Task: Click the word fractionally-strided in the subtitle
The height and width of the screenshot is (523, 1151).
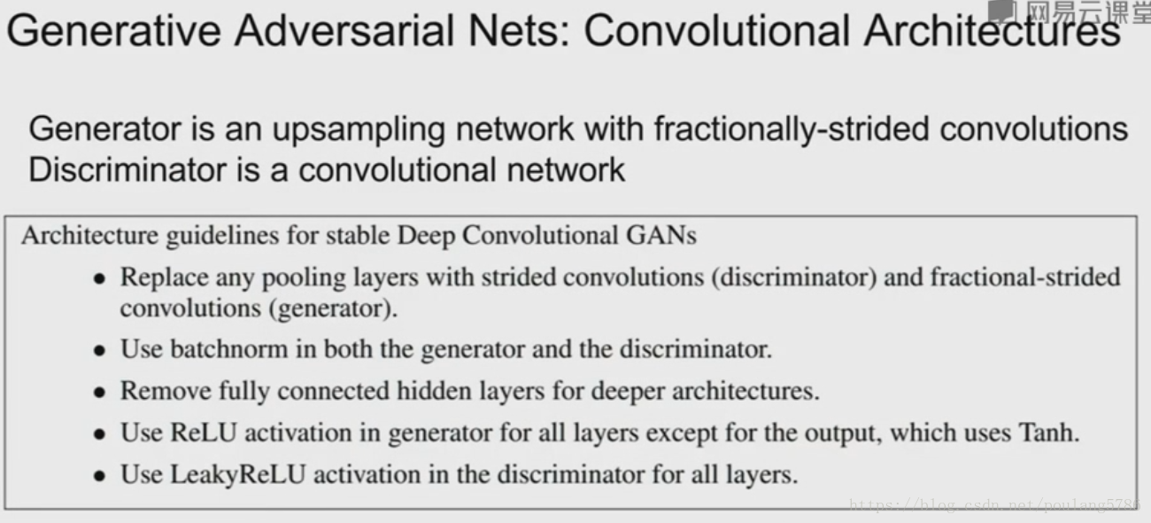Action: click(791, 129)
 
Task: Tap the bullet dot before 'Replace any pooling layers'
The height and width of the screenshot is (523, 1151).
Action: click(100, 278)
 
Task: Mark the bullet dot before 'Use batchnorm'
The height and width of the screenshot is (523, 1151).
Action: click(100, 350)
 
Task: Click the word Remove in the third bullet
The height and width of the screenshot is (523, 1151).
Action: click(158, 390)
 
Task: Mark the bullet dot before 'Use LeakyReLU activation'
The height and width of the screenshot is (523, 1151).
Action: click(100, 476)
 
